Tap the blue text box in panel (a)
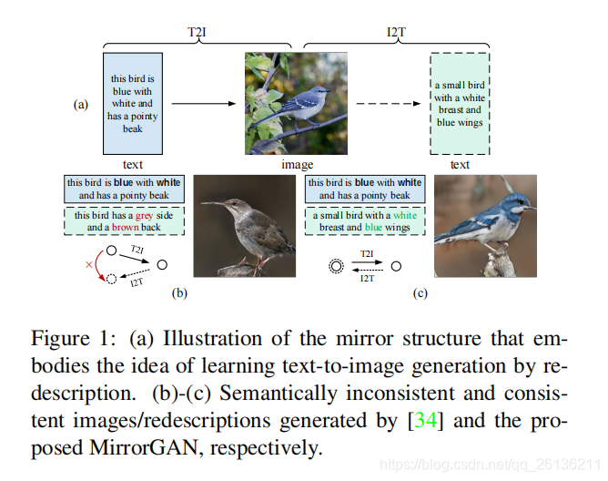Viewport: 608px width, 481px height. [x=133, y=104]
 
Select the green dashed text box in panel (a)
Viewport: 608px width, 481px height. [x=460, y=104]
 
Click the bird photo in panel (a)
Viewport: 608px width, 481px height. [x=297, y=103]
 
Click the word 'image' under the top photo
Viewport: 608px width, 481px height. [x=297, y=165]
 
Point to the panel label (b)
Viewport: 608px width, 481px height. [x=180, y=293]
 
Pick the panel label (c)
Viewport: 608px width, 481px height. [x=421, y=293]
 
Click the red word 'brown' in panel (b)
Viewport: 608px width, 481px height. [x=125, y=227]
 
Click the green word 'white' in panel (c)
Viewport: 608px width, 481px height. [x=405, y=215]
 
